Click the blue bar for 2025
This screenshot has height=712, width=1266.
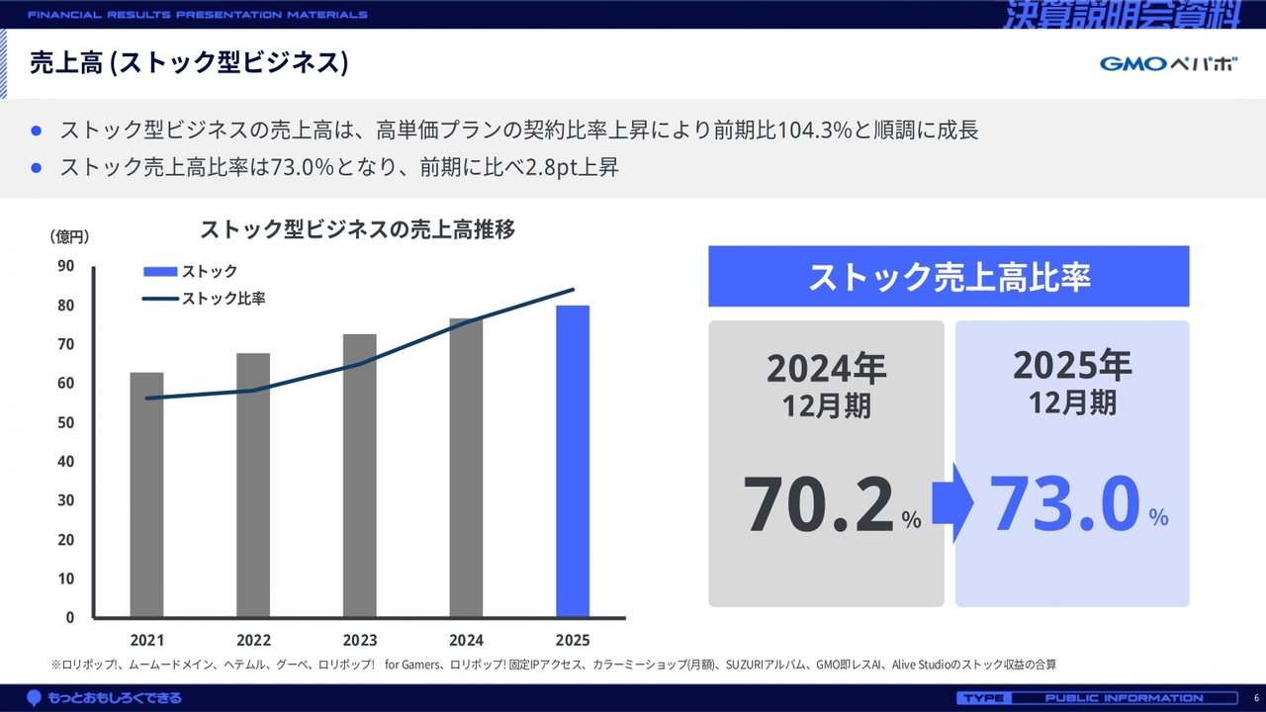pos(573,461)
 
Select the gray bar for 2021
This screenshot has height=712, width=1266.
pos(146,494)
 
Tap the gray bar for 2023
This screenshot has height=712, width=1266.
pos(359,476)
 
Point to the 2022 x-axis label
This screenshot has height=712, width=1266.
pos(253,640)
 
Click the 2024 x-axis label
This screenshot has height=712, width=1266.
pos(466,640)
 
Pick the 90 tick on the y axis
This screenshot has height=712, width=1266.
pos(66,265)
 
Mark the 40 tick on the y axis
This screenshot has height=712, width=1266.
pos(66,461)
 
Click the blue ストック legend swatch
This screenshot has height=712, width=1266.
pos(160,271)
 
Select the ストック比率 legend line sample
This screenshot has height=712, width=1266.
pos(160,298)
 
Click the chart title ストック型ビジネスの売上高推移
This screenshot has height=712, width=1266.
pos(357,229)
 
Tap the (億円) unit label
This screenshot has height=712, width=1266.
pos(69,236)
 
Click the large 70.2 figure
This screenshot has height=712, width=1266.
pos(819,505)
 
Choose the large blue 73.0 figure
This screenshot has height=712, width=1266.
pos(1065,503)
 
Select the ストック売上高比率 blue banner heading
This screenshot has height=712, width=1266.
pos(949,277)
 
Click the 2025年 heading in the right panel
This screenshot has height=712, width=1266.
pos(1072,366)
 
